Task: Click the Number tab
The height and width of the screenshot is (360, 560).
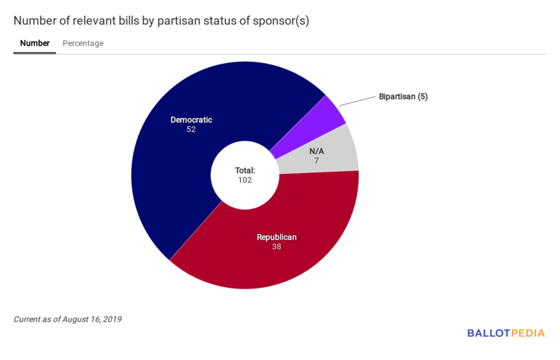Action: [x=34, y=43]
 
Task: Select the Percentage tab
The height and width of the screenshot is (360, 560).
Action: [x=83, y=43]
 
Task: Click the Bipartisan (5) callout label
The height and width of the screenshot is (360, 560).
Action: [x=403, y=97]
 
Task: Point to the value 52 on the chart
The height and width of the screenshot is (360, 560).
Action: [x=191, y=130]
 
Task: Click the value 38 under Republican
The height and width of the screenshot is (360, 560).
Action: [x=276, y=247]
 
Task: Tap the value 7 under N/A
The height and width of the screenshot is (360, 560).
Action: [x=316, y=160]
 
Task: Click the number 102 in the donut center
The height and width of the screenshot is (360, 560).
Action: [x=244, y=180]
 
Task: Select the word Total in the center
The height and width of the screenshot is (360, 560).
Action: [x=244, y=170]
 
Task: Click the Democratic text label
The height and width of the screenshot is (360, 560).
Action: [x=191, y=120]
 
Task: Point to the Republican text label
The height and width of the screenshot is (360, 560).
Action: [x=276, y=237]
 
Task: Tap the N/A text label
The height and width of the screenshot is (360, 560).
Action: [x=316, y=151]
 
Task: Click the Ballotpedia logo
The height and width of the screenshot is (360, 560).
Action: [x=505, y=333]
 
